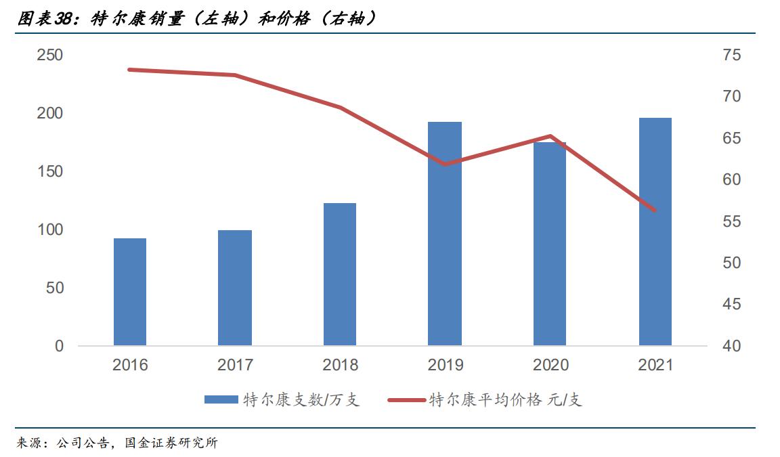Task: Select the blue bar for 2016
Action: [130, 292]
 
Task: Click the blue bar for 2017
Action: [235, 288]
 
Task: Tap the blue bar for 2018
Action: [340, 274]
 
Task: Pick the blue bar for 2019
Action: [445, 234]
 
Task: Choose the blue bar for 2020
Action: [550, 244]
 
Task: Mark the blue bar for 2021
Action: [655, 232]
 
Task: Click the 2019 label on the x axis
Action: [445, 366]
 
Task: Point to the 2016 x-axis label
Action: [130, 366]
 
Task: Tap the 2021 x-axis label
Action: [655, 366]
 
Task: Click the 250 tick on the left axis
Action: [49, 55]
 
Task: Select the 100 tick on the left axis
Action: [49, 230]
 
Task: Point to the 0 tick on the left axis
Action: [59, 346]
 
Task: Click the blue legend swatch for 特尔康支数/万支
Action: [221, 400]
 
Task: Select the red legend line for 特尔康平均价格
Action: [406, 400]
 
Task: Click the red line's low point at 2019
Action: [445, 164]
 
